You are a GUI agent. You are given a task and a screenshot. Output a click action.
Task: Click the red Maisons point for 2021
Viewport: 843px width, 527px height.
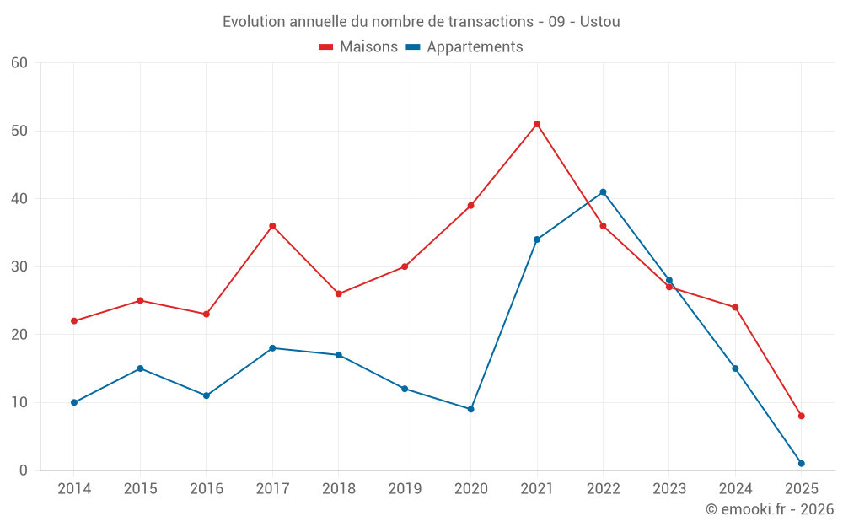(x=537, y=124)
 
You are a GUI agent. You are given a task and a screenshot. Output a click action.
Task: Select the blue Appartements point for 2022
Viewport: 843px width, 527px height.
(x=603, y=192)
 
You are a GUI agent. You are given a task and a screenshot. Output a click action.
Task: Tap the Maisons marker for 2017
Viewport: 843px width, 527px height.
(x=272, y=226)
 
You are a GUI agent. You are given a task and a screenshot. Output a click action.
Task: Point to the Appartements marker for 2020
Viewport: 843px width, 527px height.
(x=470, y=409)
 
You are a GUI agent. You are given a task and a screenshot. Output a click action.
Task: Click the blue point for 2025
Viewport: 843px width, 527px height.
(x=801, y=463)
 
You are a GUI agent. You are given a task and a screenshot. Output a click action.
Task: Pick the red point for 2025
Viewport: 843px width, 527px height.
(x=801, y=416)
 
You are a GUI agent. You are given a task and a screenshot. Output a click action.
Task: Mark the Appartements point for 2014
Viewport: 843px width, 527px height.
(x=74, y=402)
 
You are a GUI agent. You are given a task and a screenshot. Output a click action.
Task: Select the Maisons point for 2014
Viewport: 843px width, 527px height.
(x=74, y=321)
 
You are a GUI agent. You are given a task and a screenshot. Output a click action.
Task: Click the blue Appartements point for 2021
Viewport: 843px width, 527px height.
(x=537, y=239)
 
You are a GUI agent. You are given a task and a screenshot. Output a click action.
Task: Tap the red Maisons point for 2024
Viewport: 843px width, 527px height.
(x=735, y=307)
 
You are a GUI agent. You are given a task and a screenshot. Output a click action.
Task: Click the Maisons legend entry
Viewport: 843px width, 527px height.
(x=358, y=47)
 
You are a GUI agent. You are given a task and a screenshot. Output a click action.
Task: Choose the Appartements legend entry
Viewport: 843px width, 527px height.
(x=464, y=47)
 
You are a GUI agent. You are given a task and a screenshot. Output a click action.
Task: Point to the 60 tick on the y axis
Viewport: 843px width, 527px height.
(x=19, y=63)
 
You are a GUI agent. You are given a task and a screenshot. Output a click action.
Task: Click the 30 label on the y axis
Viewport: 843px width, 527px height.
(x=19, y=266)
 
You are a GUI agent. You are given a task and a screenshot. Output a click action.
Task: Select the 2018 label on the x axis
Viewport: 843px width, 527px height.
(x=338, y=489)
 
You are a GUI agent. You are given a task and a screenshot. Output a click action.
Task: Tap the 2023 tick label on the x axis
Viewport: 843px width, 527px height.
(x=669, y=489)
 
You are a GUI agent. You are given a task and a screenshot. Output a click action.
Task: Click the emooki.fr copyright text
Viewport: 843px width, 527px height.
(x=770, y=509)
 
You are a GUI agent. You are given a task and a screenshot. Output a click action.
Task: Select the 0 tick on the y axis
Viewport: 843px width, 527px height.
(x=24, y=471)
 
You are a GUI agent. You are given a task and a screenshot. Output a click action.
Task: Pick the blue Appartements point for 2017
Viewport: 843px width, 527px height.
(x=272, y=348)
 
